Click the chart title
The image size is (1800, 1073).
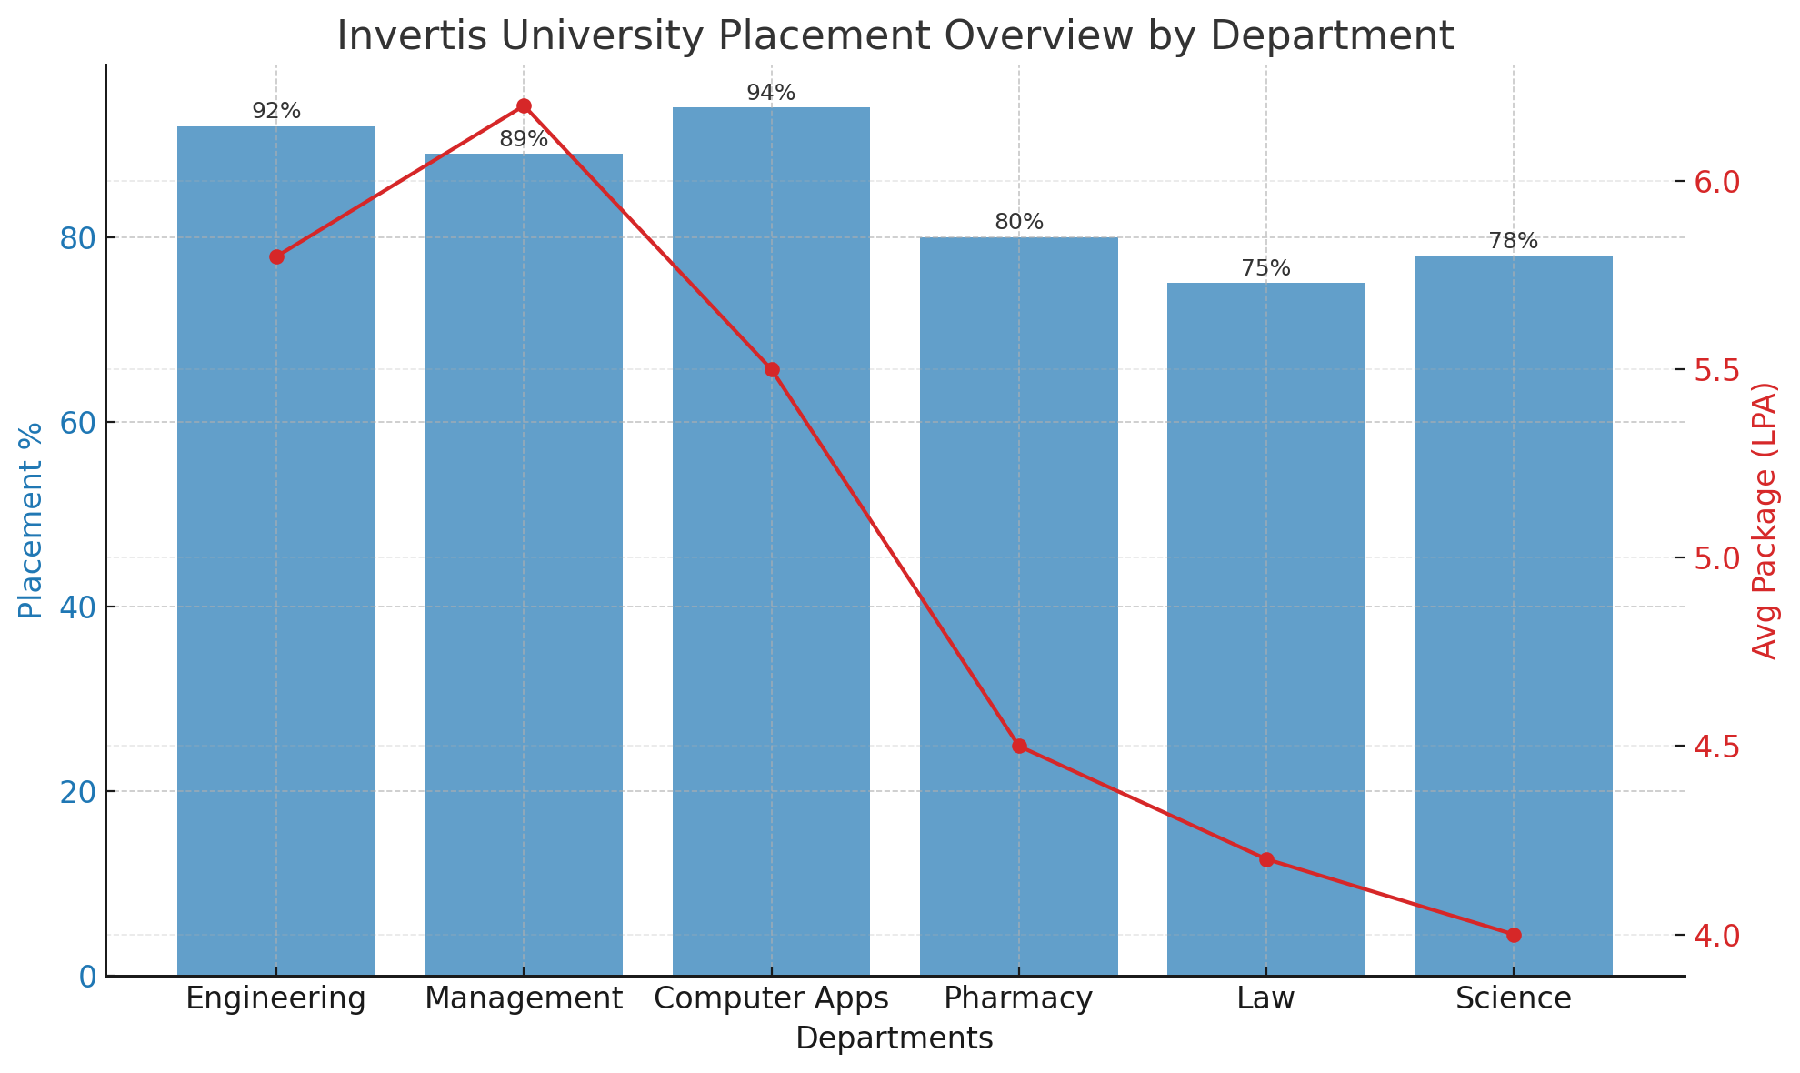(895, 36)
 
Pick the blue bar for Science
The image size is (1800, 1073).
(1513, 618)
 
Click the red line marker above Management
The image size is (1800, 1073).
(524, 106)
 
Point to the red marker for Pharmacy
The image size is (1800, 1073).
(1019, 746)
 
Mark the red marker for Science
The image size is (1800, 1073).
(1514, 935)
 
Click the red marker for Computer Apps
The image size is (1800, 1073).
(772, 369)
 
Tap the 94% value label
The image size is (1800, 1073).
(771, 93)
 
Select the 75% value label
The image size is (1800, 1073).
(1265, 268)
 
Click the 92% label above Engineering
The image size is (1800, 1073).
(276, 111)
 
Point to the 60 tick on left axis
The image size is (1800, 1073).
(78, 423)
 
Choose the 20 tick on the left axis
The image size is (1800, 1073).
(78, 792)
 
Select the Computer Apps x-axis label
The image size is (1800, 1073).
(771, 999)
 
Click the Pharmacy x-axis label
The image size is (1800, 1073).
(1018, 999)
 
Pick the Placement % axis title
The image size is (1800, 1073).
(31, 520)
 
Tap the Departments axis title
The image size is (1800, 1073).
(895, 1038)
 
